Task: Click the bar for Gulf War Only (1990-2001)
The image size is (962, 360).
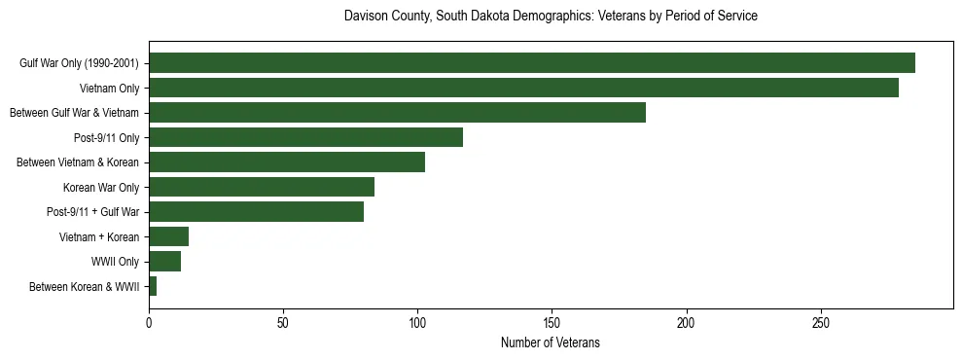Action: point(531,63)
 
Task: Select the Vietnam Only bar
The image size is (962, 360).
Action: point(523,88)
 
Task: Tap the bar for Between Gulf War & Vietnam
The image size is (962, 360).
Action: point(397,113)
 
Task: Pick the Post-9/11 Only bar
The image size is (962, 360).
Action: point(305,137)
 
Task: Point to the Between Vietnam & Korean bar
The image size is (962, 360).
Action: point(287,162)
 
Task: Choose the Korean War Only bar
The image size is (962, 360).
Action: point(262,187)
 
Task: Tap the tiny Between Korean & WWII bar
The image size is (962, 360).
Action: point(153,286)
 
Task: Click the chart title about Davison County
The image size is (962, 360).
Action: point(551,17)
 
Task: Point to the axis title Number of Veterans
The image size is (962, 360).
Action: point(551,343)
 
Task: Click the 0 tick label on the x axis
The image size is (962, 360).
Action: point(149,322)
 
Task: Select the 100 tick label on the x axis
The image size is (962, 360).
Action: point(417,322)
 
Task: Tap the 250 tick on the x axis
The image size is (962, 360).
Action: point(820,322)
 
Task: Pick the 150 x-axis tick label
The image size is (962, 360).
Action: point(552,322)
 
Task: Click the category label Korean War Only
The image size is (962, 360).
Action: point(101,187)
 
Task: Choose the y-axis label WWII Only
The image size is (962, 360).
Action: point(115,262)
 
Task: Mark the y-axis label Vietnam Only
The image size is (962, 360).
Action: point(109,89)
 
